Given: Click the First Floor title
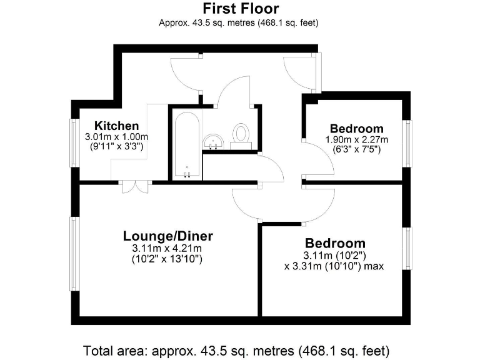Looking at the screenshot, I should click(240, 9).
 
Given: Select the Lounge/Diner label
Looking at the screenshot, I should click(167, 236).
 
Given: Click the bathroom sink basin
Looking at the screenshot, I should click(214, 141).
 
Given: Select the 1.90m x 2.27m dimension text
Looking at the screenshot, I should click(357, 139).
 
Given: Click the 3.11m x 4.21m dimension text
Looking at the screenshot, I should click(167, 248).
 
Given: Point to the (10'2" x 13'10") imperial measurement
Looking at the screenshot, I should click(167, 258).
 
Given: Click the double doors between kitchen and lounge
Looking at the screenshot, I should click(134, 186).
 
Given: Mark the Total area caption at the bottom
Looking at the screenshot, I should click(240, 349).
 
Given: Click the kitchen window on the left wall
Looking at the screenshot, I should click(73, 142).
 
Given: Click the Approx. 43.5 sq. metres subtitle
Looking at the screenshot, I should click(240, 23).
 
